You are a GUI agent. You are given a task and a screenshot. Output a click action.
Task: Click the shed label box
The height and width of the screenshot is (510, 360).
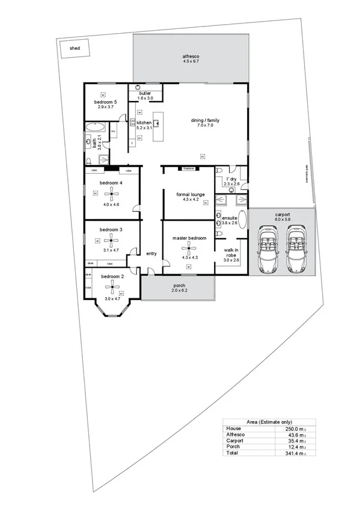(75, 48)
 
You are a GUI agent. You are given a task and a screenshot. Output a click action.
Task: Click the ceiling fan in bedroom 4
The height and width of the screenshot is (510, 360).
(111, 193)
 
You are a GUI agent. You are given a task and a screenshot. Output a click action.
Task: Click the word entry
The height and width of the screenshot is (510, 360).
(151, 253)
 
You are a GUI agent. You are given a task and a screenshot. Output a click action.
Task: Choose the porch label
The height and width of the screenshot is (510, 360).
(178, 286)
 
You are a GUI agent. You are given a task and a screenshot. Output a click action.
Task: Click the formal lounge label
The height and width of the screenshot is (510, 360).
(188, 194)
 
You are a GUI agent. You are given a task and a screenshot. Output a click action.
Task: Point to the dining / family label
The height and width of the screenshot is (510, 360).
(202, 121)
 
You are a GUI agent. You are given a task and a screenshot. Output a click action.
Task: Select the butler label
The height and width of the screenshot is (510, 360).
(145, 94)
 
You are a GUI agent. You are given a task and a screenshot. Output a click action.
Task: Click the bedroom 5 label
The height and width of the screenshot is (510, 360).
(105, 102)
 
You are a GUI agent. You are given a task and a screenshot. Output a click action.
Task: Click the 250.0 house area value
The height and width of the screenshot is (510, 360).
(284, 428)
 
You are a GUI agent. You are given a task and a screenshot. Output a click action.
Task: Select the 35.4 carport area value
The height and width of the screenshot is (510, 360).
(284, 440)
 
